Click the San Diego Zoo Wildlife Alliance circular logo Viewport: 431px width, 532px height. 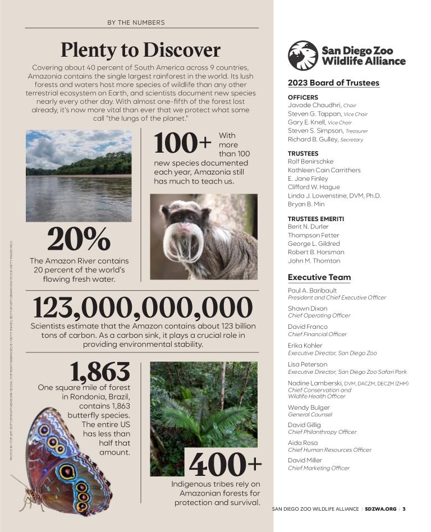[x=303, y=55]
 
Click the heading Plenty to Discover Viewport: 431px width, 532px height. [x=140, y=49]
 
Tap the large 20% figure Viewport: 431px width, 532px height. [x=79, y=240]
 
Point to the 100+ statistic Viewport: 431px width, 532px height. [x=183, y=144]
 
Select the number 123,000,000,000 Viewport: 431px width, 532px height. [x=143, y=308]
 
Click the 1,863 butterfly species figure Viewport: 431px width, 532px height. [x=100, y=372]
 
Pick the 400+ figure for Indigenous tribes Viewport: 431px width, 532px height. [x=225, y=464]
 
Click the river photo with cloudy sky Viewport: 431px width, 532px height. [x=79, y=175]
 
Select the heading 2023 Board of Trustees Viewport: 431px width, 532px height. [x=333, y=83]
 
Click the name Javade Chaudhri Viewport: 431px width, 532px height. [x=314, y=105]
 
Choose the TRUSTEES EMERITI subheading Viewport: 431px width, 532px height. [x=315, y=218]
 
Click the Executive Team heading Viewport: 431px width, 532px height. [x=319, y=277]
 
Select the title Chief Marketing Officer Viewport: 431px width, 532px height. [x=318, y=468]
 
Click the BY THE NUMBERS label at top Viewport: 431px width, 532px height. [x=136, y=22]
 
